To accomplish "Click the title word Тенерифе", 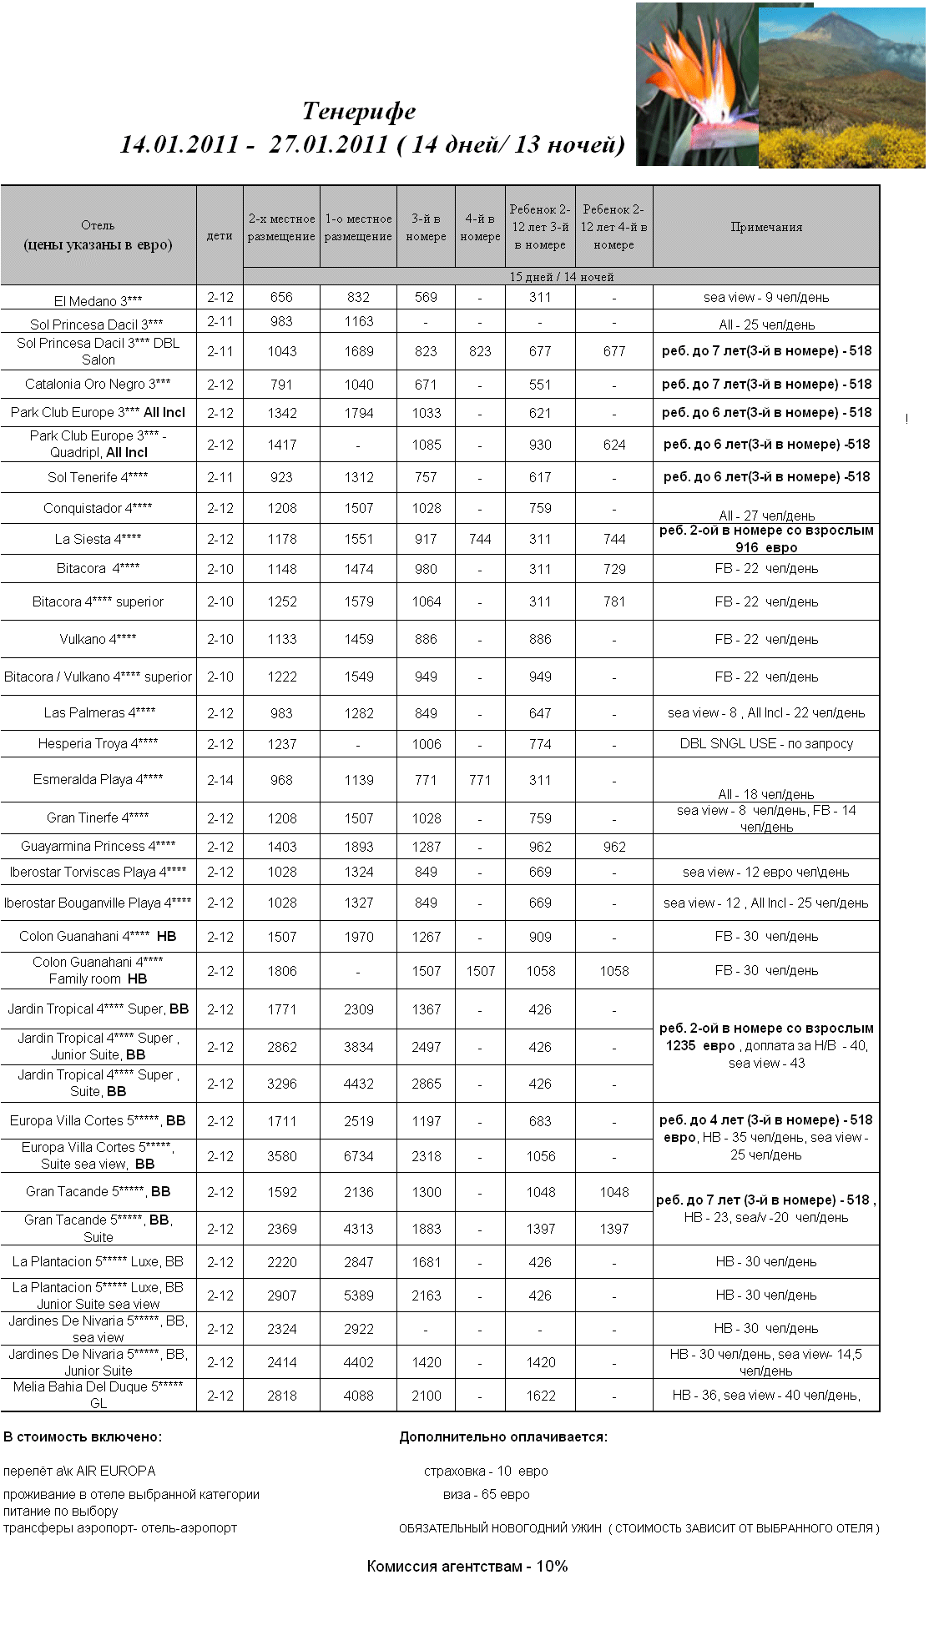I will point(359,111).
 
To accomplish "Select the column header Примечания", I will point(766,227).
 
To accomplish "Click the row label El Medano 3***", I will point(98,301).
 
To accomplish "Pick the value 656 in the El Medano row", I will point(281,298).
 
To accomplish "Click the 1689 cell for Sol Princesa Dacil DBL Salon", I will point(359,352).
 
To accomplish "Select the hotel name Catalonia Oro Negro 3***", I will point(98,385).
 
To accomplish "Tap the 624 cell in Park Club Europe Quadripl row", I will point(614,445).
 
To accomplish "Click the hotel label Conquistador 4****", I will point(98,508).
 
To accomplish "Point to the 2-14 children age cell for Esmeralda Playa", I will point(220,781).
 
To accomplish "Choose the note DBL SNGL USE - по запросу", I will point(766,744).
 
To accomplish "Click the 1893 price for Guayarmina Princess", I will point(359,848).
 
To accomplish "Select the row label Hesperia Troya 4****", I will point(98,744).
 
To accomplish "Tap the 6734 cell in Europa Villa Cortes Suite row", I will point(359,1157).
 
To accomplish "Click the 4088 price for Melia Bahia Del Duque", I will point(359,1396).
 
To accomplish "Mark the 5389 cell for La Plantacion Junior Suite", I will point(359,1296).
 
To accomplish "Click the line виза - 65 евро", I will point(486,1495).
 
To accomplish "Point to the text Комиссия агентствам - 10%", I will point(467,1567).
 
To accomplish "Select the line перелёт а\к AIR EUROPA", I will point(79,1472).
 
